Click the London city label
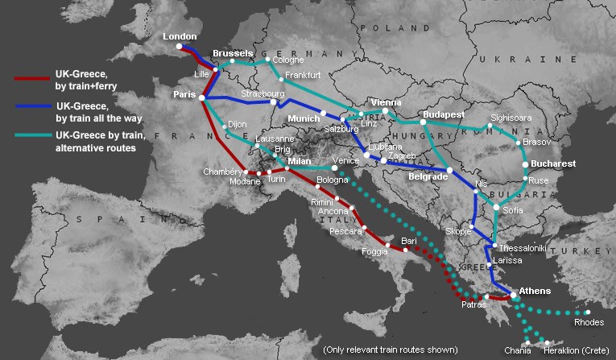180,36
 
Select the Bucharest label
553,163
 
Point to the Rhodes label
589,323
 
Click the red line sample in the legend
31,78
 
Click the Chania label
518,350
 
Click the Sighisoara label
511,118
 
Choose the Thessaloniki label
523,248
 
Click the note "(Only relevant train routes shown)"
390,350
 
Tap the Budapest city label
444,114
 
